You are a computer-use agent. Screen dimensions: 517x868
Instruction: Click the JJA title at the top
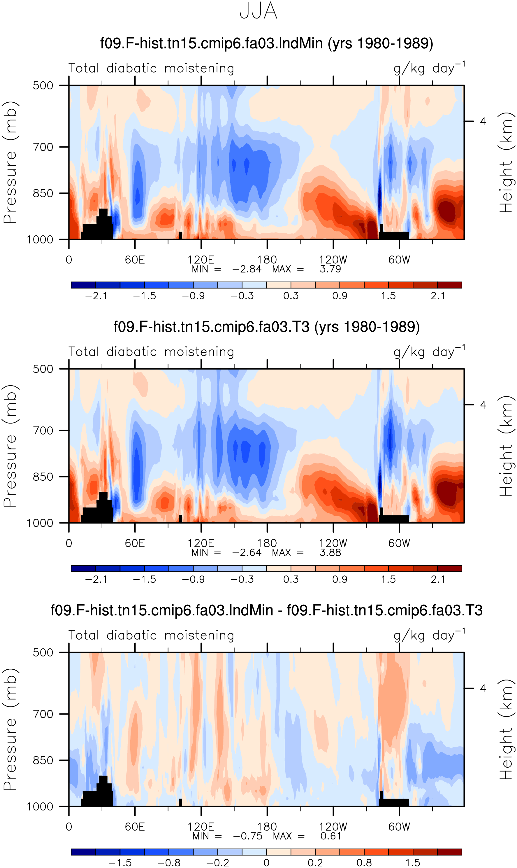(x=258, y=11)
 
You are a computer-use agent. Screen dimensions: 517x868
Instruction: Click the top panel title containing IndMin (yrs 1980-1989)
(x=266, y=43)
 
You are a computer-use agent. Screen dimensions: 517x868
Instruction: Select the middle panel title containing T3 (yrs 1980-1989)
(x=266, y=327)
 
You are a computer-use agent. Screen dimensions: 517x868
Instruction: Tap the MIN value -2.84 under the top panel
(x=247, y=269)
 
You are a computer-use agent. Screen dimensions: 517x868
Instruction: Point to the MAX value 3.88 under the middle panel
(x=330, y=552)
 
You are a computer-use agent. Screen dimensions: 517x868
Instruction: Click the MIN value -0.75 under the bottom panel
(x=248, y=836)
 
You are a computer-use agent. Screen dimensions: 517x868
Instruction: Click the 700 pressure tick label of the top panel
(x=43, y=147)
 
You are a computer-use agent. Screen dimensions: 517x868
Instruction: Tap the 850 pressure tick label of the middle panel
(x=43, y=477)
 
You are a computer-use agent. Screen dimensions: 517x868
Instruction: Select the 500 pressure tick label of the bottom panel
(x=43, y=652)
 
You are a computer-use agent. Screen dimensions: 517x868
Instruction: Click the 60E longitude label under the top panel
(x=135, y=260)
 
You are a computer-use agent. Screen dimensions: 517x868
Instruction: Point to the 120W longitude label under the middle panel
(x=333, y=543)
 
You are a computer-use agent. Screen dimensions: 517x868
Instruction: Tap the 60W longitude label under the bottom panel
(x=399, y=827)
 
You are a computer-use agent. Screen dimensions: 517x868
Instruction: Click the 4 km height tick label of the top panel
(x=483, y=121)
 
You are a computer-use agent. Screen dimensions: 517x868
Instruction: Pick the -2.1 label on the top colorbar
(x=96, y=296)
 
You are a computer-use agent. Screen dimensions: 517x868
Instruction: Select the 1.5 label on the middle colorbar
(x=388, y=579)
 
